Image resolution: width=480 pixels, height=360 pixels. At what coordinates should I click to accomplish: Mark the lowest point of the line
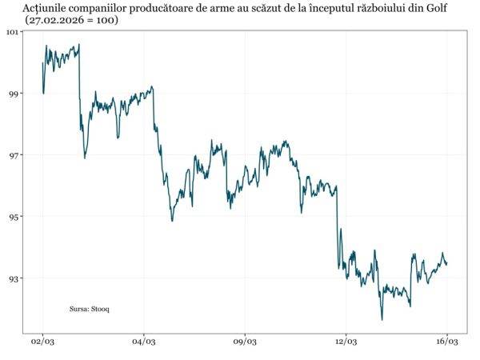click(382, 320)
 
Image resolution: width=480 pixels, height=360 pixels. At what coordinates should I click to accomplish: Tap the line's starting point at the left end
click(42, 63)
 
